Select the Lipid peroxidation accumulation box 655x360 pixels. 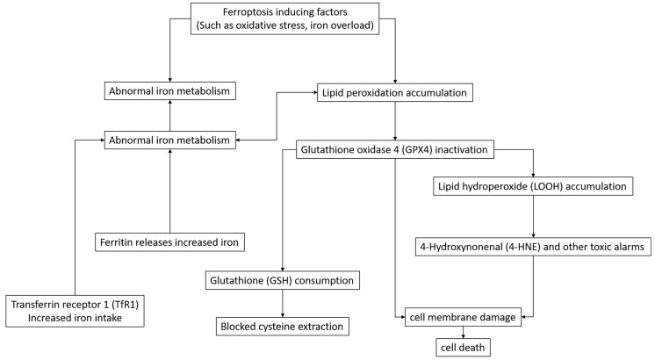396,90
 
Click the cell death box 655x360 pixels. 464,346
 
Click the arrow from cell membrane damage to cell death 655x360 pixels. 464,329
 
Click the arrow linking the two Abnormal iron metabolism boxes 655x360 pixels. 169,114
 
